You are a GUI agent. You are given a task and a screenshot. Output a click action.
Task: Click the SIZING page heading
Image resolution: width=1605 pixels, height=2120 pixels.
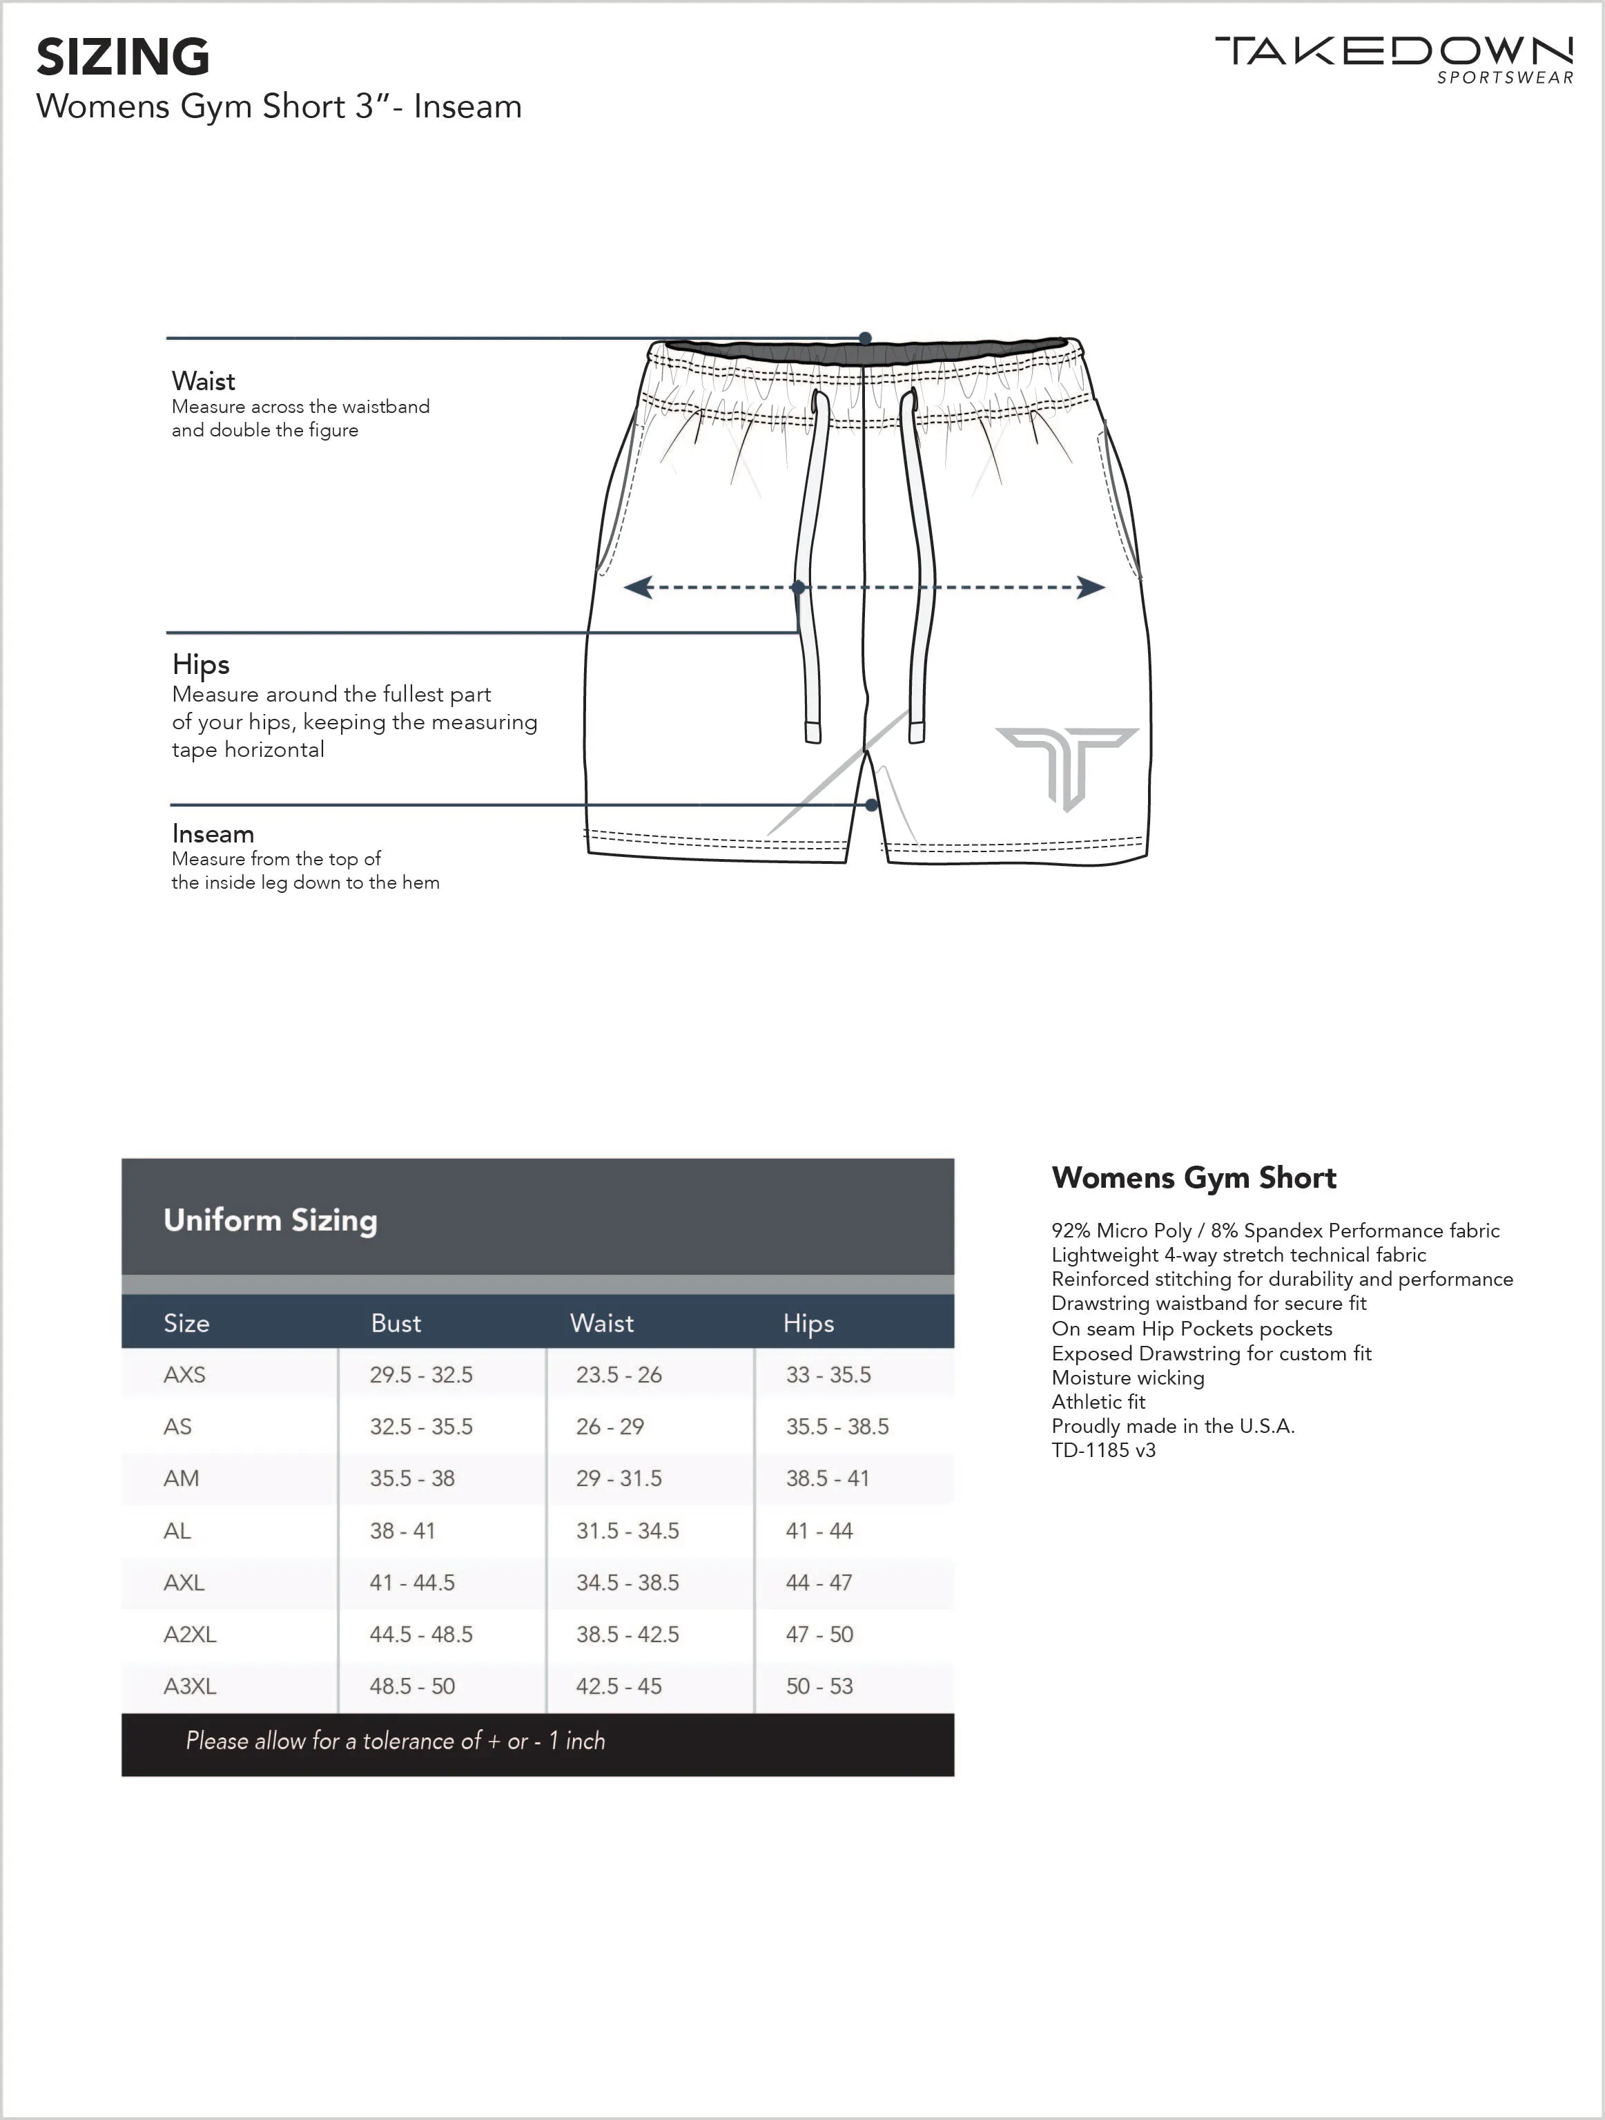123,57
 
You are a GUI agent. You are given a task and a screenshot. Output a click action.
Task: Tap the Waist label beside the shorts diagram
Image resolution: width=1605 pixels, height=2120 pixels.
203,381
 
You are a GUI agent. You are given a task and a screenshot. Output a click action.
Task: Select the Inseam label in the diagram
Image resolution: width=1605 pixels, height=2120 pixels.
213,833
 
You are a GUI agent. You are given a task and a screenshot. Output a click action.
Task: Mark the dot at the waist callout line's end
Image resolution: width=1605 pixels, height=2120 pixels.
865,338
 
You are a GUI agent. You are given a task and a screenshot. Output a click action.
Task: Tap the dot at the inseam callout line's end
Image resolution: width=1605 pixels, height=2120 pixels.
872,805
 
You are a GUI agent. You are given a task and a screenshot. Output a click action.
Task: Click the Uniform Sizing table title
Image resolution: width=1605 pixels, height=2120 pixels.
270,1220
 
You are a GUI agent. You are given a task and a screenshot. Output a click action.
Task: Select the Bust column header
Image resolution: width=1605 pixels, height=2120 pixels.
396,1324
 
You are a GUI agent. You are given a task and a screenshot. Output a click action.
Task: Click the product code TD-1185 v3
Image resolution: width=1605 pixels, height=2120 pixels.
1103,1450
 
